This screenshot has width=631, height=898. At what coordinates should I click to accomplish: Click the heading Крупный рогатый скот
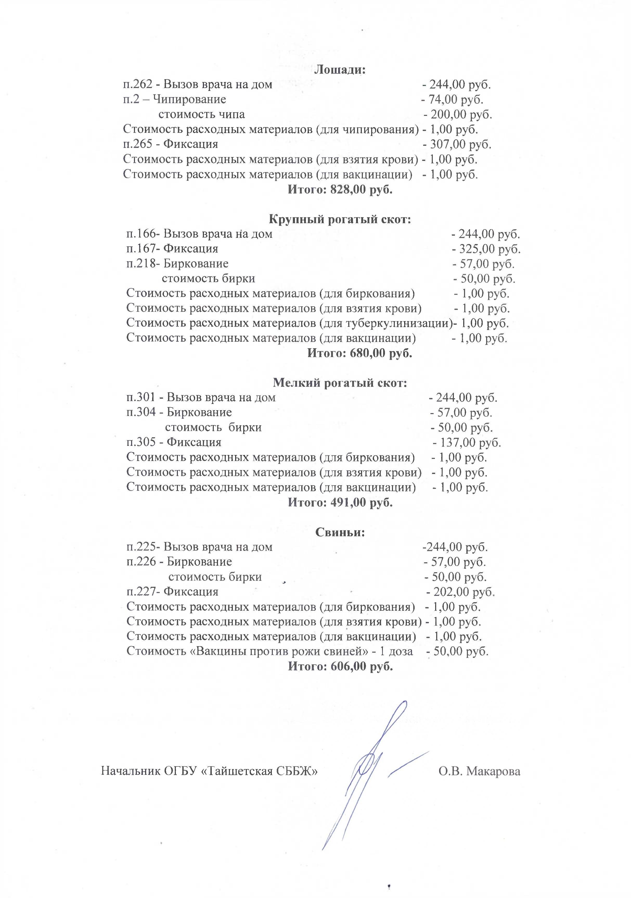[340, 219]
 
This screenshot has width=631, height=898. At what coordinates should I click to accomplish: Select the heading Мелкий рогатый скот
[340, 383]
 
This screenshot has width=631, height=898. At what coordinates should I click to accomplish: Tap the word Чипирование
[190, 99]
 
